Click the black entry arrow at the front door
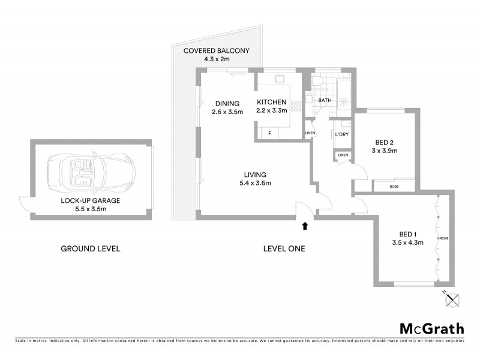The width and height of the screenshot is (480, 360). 305,226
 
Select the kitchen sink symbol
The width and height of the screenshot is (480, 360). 280,80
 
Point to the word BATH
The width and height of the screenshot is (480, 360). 325,100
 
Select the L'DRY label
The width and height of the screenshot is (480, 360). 342,134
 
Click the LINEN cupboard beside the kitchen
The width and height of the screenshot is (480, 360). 310,133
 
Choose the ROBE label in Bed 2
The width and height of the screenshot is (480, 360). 394,187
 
